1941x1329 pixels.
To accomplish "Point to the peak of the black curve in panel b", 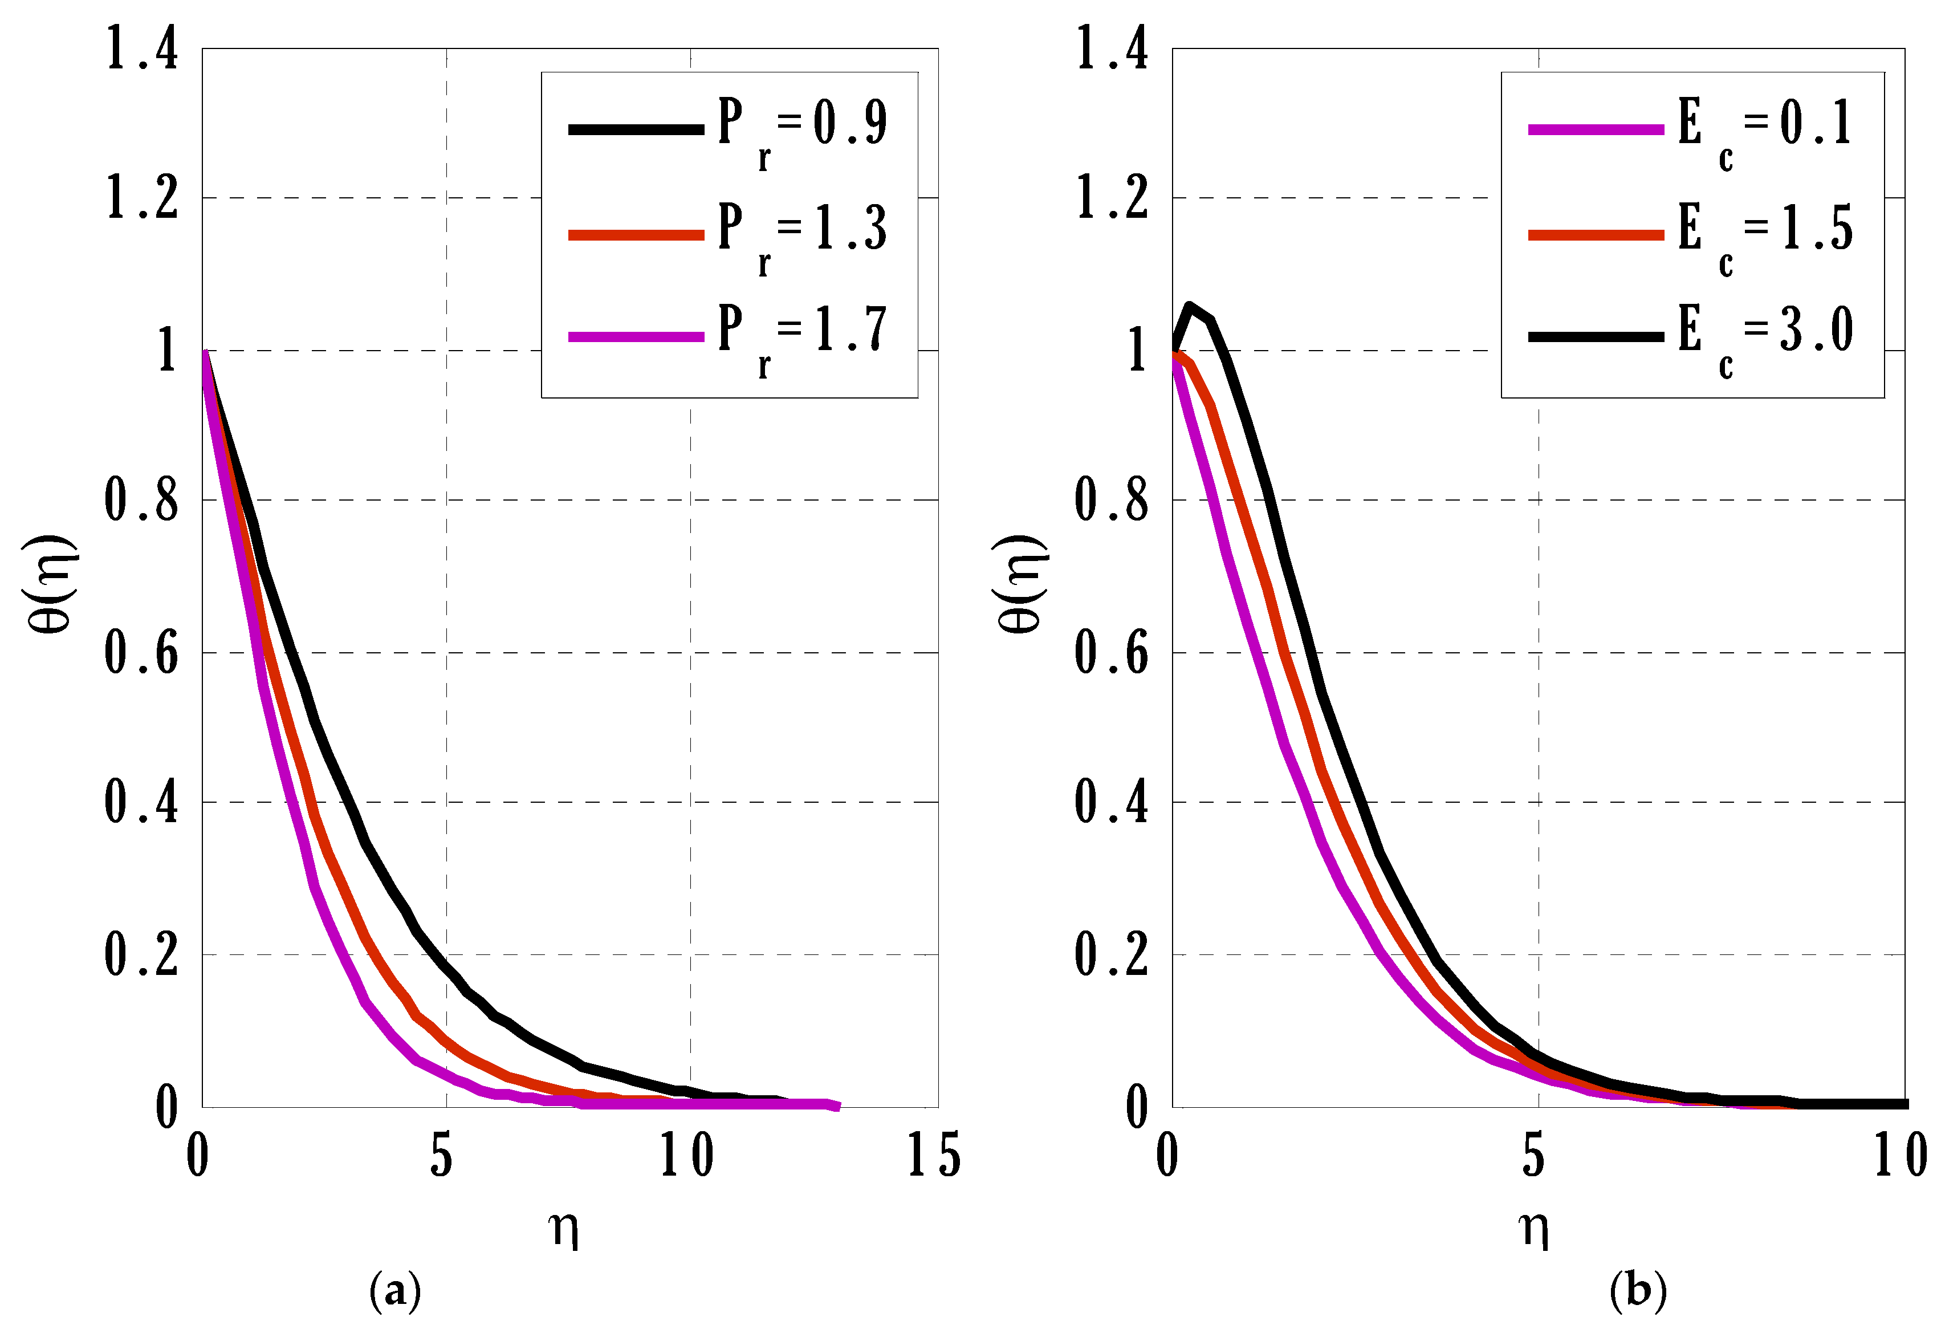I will (x=1189, y=306).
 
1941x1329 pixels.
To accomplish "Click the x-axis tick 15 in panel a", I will (x=934, y=1156).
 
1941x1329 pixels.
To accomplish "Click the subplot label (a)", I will (x=395, y=1291).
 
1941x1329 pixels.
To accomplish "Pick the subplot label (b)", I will (x=1638, y=1291).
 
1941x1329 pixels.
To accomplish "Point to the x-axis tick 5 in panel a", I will (x=442, y=1156).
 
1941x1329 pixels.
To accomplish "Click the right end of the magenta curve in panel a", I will (x=838, y=1107).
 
